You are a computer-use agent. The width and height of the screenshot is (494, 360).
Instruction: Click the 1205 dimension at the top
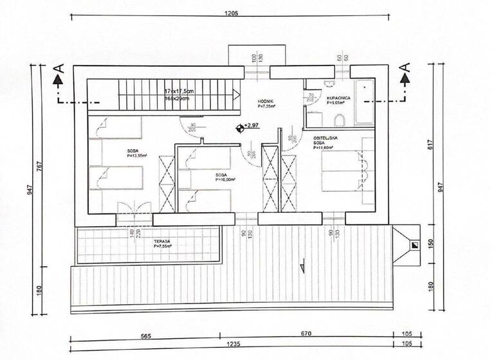tap(231, 12)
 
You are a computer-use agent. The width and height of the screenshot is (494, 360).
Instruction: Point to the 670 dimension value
tap(306, 334)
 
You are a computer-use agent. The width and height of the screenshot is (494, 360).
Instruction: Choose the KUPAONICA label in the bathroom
tap(338, 98)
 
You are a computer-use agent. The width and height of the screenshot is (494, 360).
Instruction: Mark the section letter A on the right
tap(405, 67)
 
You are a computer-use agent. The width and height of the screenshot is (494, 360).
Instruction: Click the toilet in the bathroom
tap(340, 120)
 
